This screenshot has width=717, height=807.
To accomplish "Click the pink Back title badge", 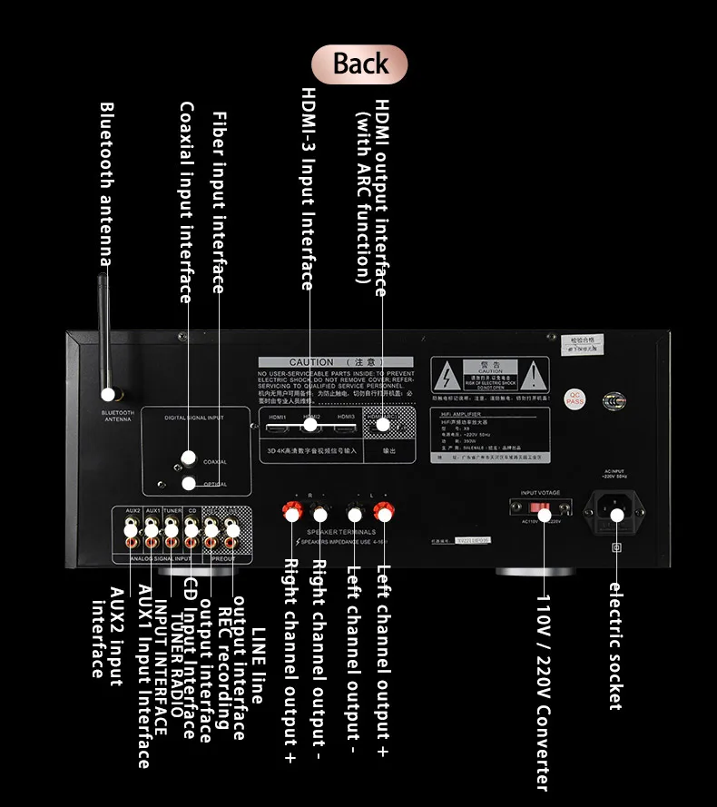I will click(359, 64).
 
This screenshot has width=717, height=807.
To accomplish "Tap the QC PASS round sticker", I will click(576, 397).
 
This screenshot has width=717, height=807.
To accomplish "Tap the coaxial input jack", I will click(189, 458).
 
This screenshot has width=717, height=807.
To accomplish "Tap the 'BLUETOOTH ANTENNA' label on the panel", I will click(118, 416).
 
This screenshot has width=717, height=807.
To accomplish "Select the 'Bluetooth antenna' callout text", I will click(107, 182).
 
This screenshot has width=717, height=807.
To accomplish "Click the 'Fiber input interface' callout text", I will click(219, 202).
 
